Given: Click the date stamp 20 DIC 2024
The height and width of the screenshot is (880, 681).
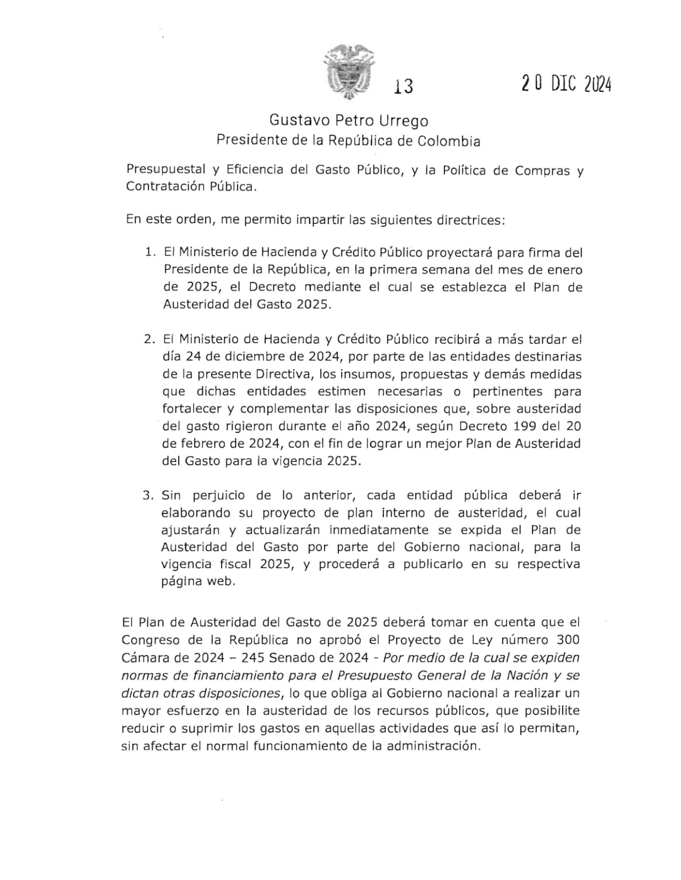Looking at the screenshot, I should [x=567, y=83].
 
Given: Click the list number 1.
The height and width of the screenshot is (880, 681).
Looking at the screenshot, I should [x=149, y=252].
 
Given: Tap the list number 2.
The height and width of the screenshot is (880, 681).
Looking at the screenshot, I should [x=149, y=339].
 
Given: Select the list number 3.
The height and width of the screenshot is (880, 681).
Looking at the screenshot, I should [x=148, y=495].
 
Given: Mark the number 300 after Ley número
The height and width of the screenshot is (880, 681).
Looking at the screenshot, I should [x=568, y=640].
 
